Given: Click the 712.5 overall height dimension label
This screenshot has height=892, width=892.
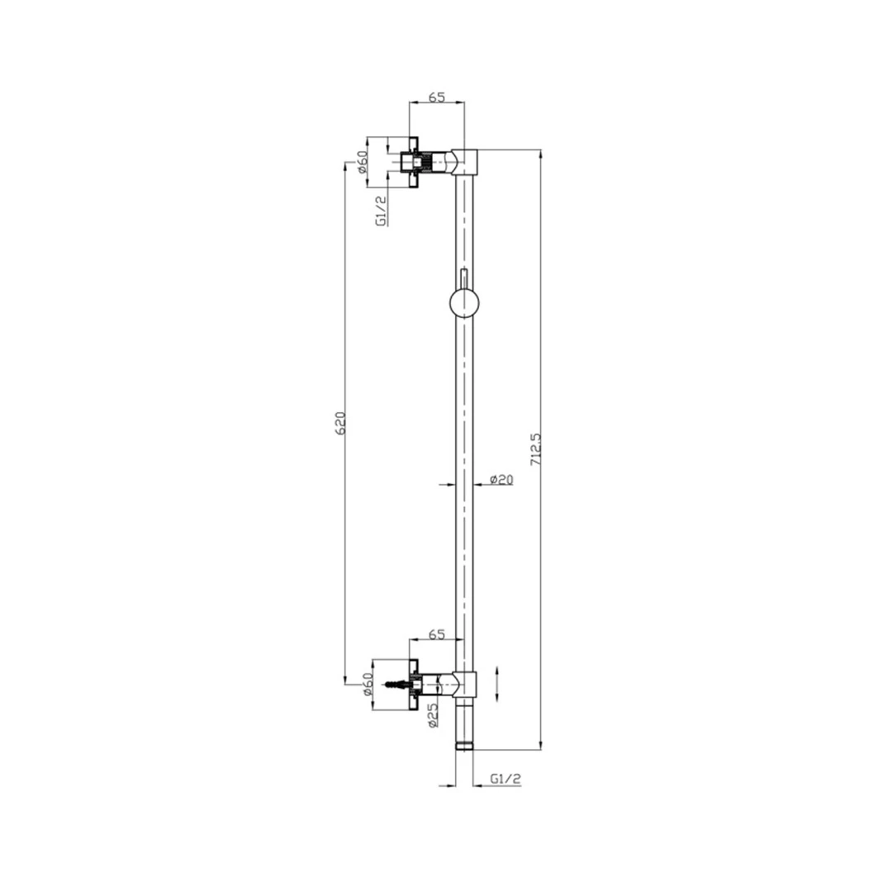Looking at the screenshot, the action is pos(535,450).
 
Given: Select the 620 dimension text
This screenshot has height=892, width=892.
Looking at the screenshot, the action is pos(340,423).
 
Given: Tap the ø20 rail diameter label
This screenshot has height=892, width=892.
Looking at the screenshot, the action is pos(501,480).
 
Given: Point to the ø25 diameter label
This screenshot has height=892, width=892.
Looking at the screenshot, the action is pos(432,715).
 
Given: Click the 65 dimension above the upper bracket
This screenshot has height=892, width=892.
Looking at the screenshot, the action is pos(436,97).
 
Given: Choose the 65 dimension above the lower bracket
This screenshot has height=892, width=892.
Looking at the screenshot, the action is pos(436,634).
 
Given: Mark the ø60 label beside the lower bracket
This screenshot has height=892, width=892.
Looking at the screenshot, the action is pos(367,685).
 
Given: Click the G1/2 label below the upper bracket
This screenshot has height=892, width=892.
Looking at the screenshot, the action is pos(382,211).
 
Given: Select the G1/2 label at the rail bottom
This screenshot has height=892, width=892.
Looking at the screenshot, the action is pos(505,779).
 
